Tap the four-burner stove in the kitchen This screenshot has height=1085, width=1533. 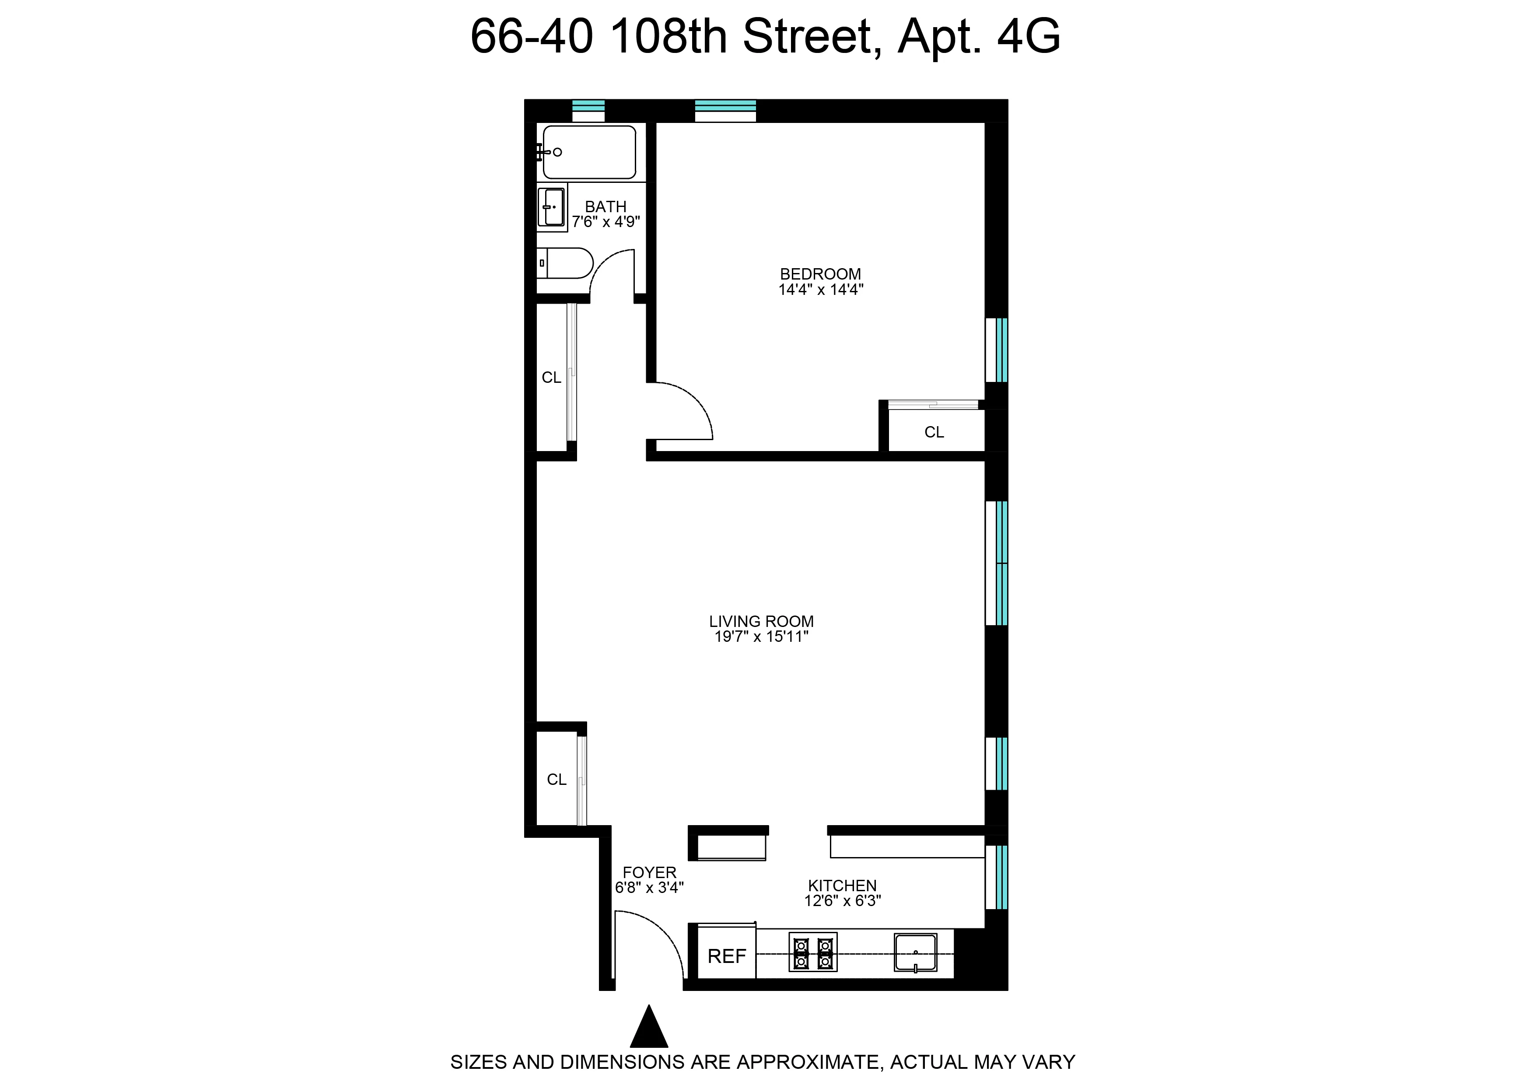[x=812, y=952]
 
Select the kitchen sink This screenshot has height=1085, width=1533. [x=915, y=953]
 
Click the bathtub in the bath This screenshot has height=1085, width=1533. [x=589, y=152]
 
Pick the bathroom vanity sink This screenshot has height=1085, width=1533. [x=552, y=207]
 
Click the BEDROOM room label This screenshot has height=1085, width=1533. [x=820, y=274]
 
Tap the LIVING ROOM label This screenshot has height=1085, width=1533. [x=762, y=621]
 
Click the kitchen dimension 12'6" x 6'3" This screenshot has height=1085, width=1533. [x=842, y=901]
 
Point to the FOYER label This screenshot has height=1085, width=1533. [x=649, y=872]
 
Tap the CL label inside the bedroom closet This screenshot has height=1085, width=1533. [x=934, y=432]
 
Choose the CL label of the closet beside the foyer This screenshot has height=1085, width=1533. [x=556, y=780]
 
